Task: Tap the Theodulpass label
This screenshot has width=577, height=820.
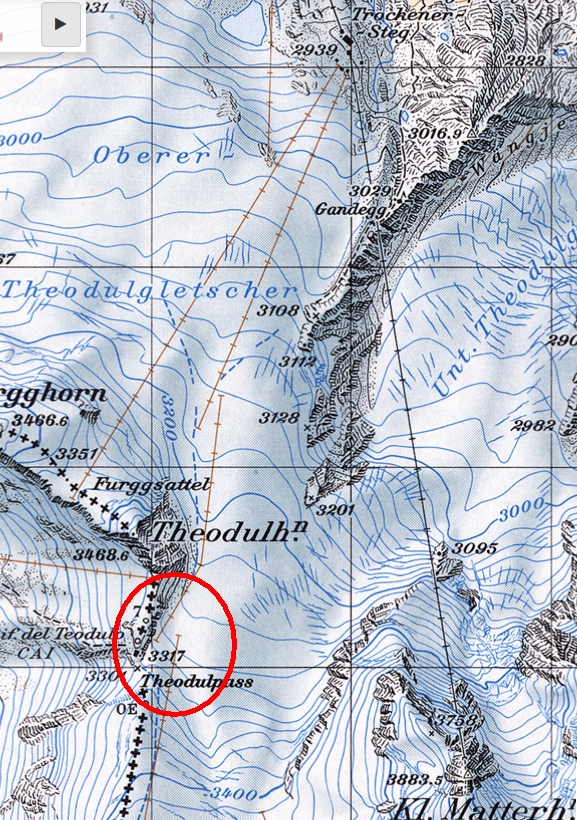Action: [195, 682]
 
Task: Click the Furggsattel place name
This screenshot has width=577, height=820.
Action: [152, 485]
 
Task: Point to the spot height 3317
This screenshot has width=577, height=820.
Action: [167, 655]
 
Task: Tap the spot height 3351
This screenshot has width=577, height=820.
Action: [77, 454]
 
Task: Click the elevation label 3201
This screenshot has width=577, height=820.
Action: [337, 510]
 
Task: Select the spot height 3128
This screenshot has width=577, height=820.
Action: [281, 417]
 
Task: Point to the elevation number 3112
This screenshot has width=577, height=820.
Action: [298, 361]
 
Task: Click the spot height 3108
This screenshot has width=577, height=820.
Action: [278, 311]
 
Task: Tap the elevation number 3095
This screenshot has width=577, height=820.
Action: [474, 548]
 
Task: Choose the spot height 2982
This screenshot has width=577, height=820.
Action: [532, 426]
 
